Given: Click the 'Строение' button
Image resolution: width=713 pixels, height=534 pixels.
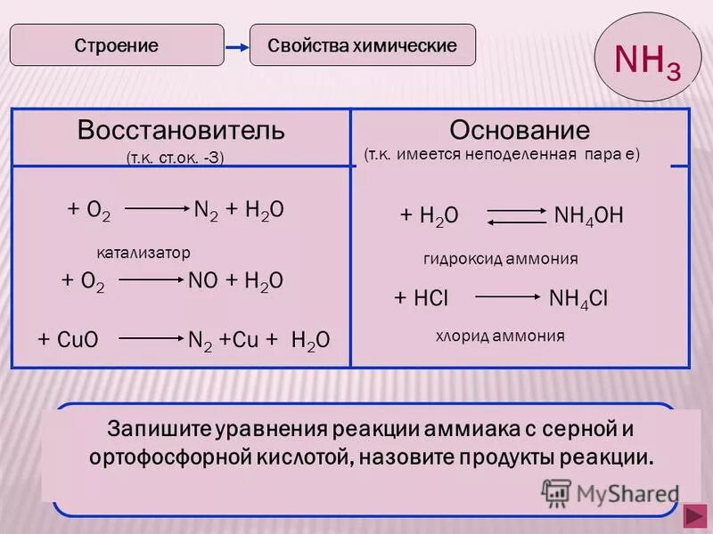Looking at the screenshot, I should point(117,45).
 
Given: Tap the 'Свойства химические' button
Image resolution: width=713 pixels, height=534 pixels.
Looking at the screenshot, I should point(362,45).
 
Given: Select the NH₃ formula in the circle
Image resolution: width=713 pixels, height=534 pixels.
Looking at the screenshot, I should point(648,61).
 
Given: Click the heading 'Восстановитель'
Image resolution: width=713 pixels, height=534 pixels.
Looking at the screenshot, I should point(181,131).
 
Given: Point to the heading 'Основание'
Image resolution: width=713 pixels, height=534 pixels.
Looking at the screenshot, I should point(519,131).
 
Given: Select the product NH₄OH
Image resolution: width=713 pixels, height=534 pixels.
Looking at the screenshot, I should point(588,215).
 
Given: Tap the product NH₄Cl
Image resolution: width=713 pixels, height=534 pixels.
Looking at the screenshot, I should point(578,298).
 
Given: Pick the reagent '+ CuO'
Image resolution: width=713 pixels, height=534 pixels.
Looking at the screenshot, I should point(68,340).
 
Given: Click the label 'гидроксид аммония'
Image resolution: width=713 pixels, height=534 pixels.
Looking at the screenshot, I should point(500,259).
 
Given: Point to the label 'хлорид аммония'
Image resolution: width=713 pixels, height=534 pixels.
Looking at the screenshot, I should point(500,336).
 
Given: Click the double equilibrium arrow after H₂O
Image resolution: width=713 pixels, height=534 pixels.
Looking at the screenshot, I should point(517,216).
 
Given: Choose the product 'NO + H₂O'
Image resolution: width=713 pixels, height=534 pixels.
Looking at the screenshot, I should point(236,280).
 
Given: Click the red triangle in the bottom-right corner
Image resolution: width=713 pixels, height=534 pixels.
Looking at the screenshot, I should point(693,516).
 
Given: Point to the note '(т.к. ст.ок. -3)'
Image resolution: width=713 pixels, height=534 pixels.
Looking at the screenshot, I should point(175,158).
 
